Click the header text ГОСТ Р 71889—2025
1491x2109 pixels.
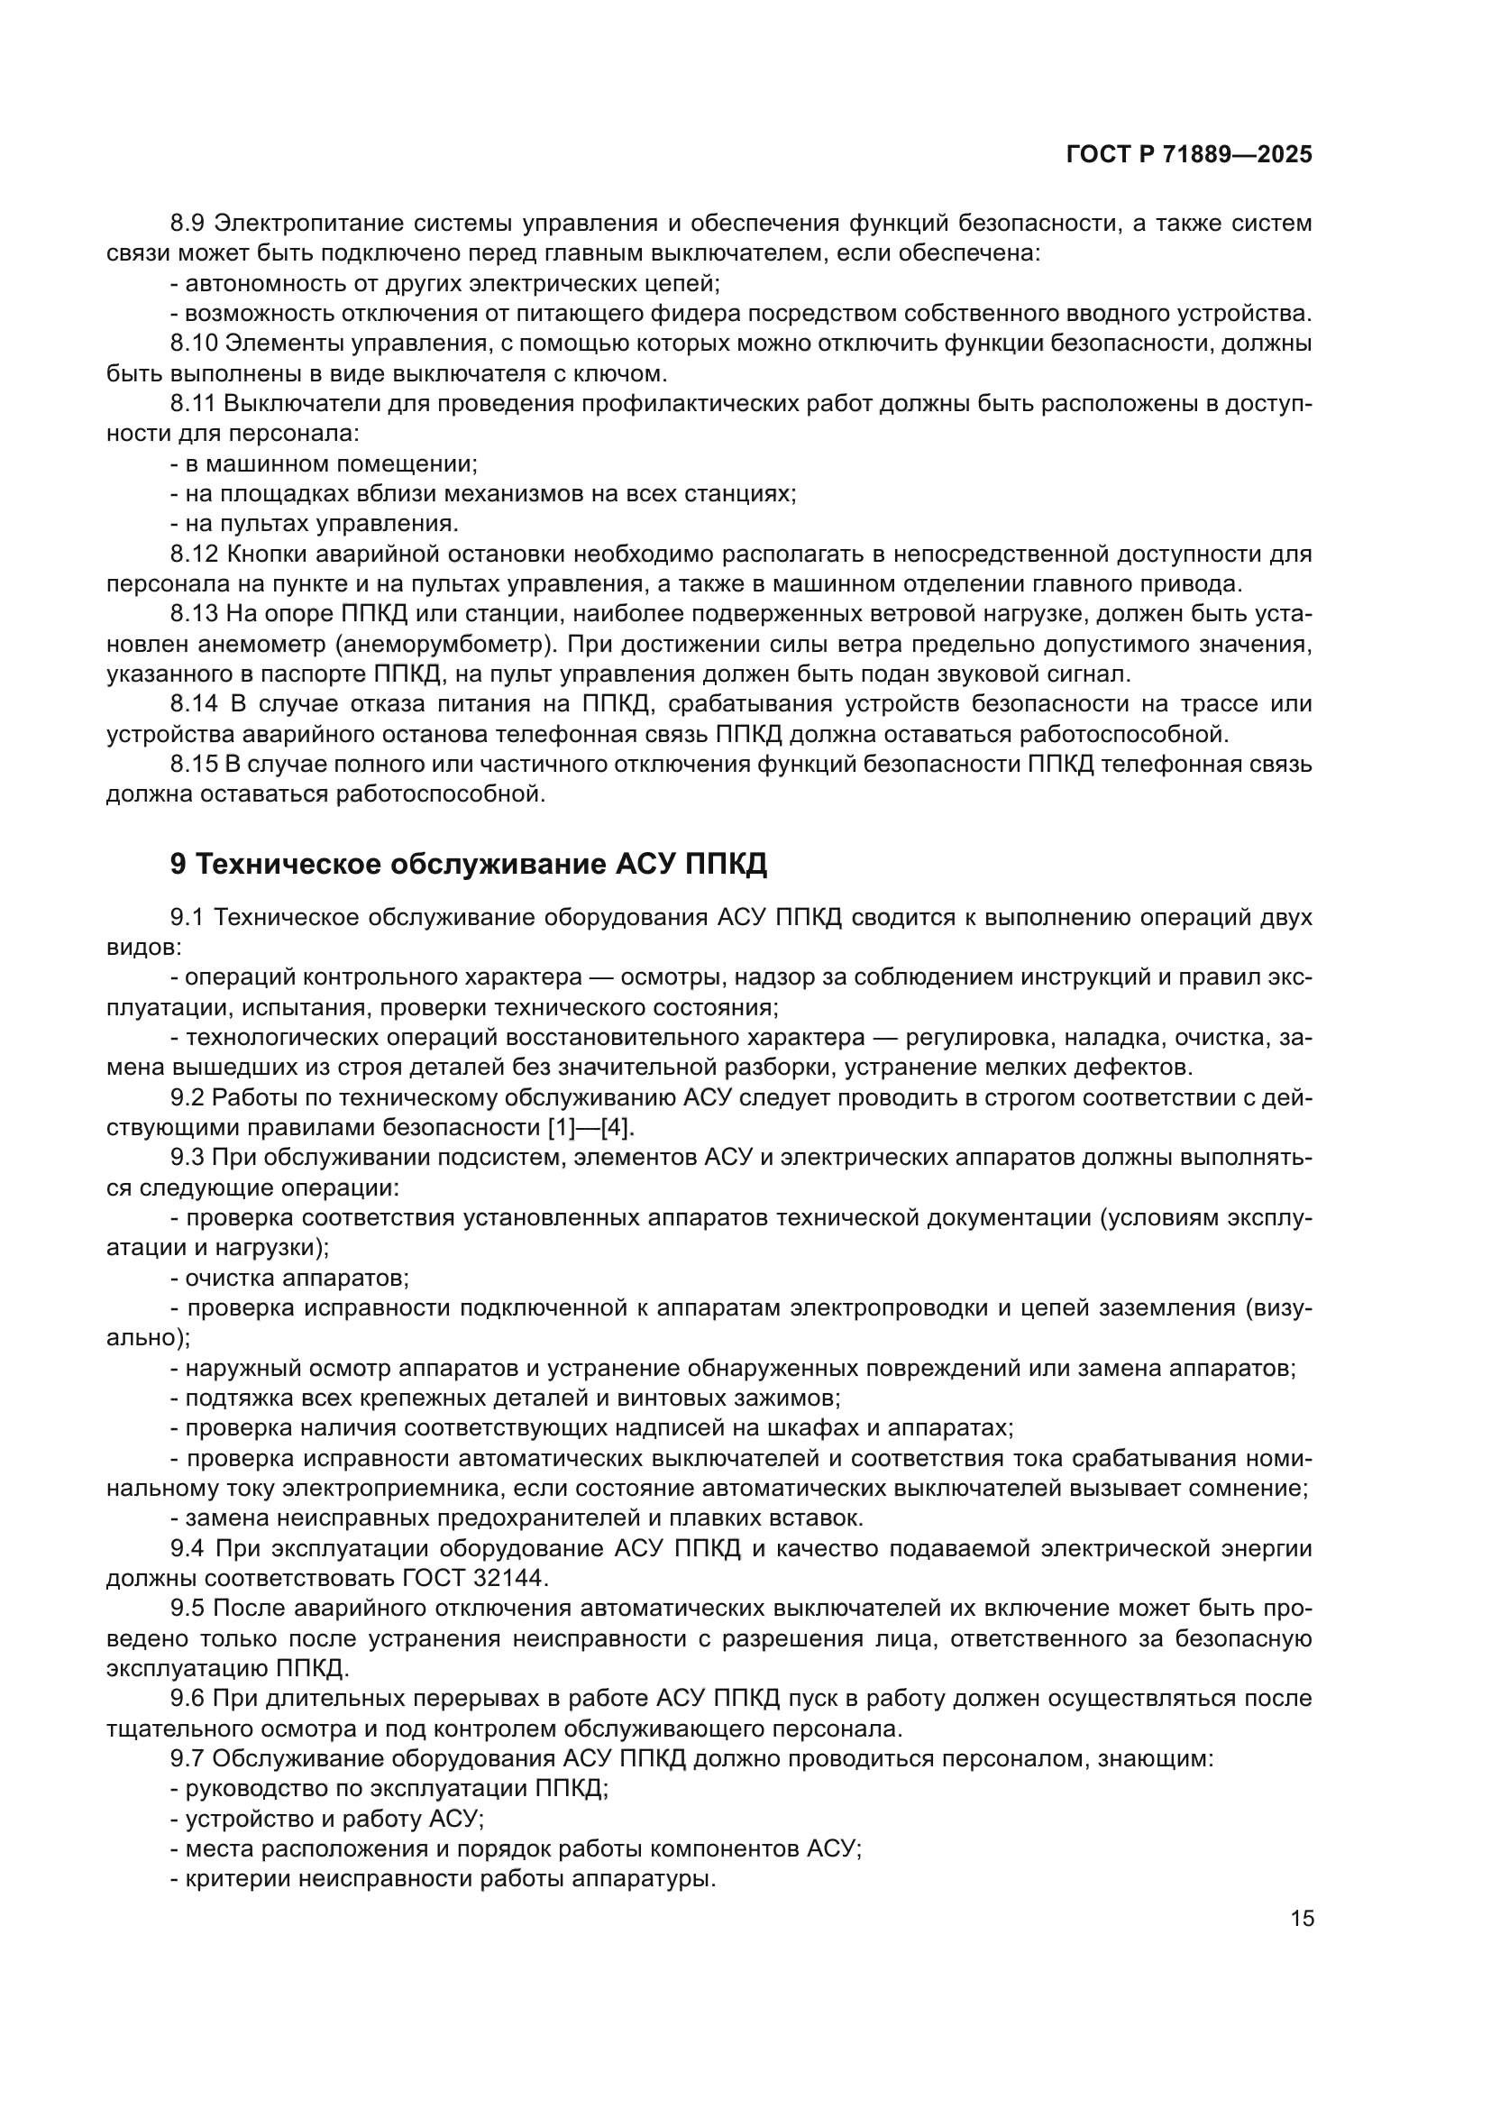point(1189,155)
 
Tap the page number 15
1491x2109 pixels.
point(1302,1919)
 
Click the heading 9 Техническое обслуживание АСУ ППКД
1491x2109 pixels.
point(468,865)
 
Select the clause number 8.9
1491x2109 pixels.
point(188,224)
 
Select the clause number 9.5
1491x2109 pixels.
point(188,1609)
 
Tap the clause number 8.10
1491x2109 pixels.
point(194,344)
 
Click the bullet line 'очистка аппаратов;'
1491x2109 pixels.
point(290,1278)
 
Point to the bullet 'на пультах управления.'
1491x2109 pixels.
point(315,524)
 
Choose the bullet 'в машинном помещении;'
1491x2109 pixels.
point(325,463)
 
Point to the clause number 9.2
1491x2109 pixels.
point(188,1097)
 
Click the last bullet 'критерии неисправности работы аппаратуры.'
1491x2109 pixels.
point(444,1878)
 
